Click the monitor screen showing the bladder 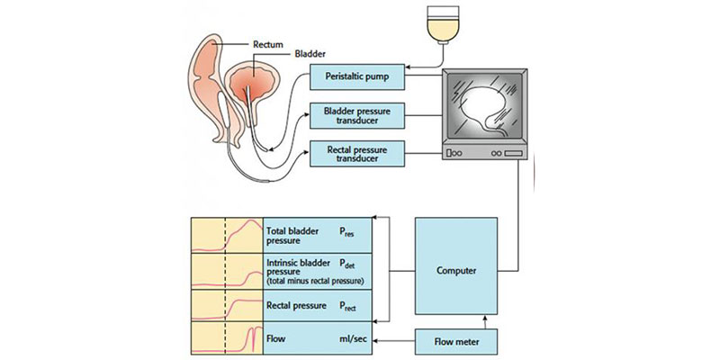(487, 112)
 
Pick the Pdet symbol (345, 265)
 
